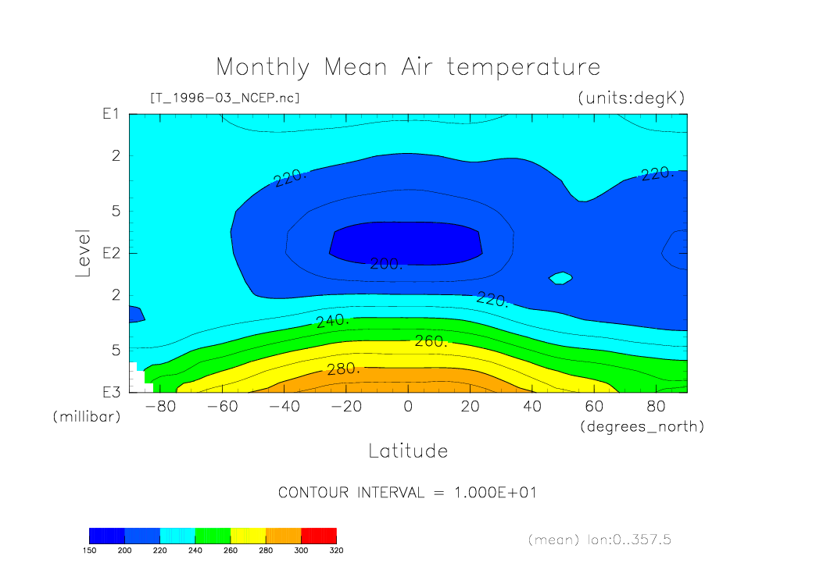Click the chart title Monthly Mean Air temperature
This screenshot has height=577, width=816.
(x=408, y=67)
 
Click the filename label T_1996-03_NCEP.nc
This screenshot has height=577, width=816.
(x=224, y=98)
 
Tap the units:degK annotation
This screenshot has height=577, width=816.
(x=631, y=98)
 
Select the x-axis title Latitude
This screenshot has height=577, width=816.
(x=408, y=451)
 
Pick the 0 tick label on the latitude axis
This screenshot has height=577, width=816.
(x=408, y=406)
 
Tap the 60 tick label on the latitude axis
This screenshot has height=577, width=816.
(x=595, y=406)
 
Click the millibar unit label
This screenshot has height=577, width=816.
(x=87, y=416)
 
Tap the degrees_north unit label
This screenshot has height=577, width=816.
(x=642, y=426)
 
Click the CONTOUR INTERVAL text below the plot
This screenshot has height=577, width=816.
(x=407, y=493)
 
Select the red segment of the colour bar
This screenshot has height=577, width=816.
(x=318, y=535)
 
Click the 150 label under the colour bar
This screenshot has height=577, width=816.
(x=89, y=550)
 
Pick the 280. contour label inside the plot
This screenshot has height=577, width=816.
(x=343, y=369)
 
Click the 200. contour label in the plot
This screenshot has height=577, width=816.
(x=386, y=264)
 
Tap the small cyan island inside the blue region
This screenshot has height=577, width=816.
(x=560, y=277)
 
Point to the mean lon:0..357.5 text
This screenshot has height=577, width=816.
(x=599, y=540)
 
